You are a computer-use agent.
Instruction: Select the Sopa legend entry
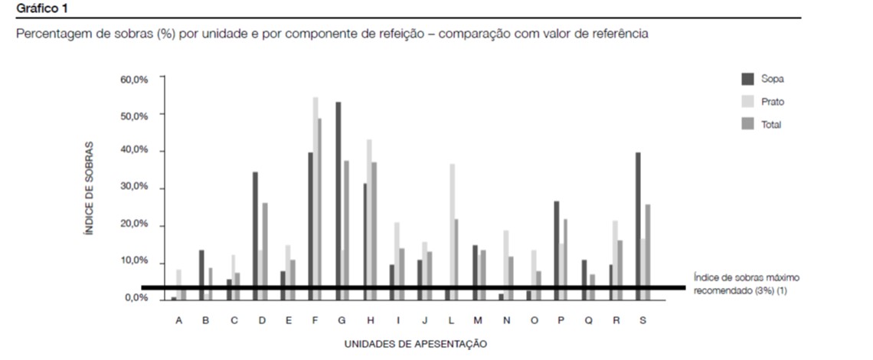772,79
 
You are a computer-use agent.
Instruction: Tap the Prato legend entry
773,102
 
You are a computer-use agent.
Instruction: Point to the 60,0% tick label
134,79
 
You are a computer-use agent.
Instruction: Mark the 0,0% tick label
136,298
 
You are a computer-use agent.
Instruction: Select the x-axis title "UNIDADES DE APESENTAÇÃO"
416,344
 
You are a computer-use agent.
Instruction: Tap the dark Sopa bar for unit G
338,199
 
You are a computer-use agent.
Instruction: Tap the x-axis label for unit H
371,321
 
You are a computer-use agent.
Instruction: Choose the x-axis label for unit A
178,321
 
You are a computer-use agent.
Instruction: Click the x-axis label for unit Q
588,321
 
